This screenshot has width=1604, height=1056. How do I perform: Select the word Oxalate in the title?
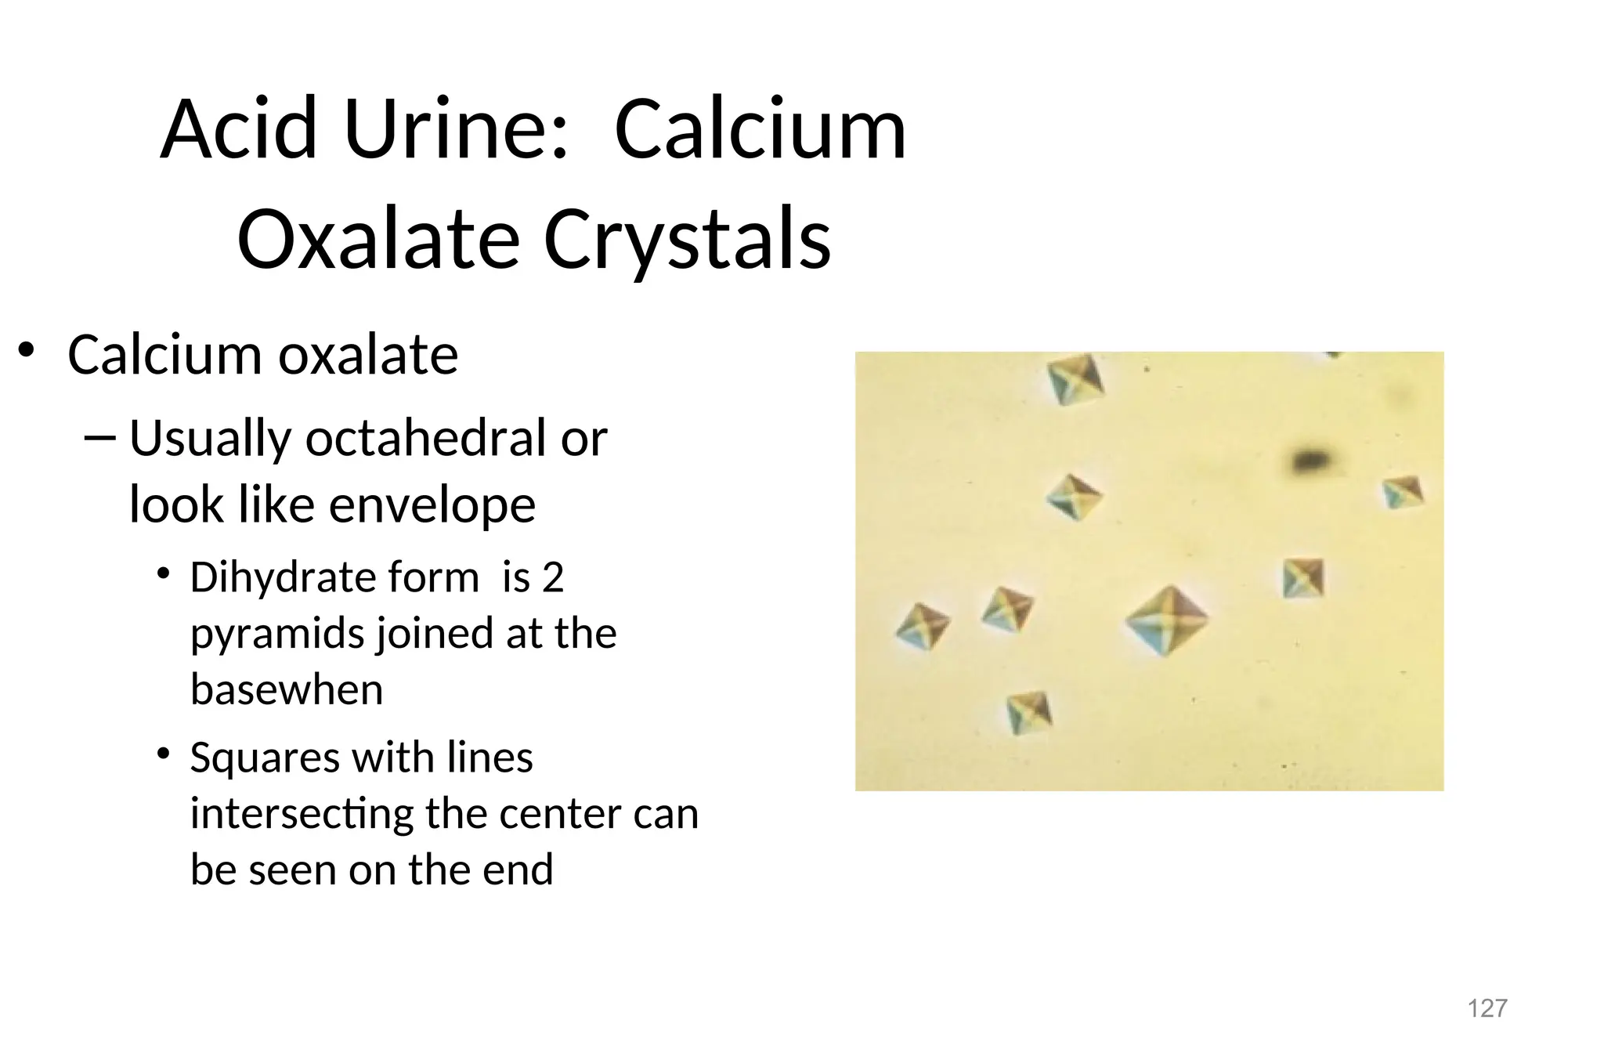378,239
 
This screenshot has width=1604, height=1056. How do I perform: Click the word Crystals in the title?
686,239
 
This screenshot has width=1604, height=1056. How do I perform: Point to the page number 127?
1487,1008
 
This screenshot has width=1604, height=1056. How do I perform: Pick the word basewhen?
287,689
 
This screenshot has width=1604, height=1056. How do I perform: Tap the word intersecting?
302,813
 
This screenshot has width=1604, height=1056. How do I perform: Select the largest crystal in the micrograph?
1167,621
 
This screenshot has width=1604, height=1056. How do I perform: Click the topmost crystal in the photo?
1076,378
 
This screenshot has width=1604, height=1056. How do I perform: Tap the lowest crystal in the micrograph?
1029,711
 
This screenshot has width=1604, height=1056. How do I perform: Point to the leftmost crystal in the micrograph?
923,626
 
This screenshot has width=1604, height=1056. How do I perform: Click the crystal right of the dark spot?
1402,492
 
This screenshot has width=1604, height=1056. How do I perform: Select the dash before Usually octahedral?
98,438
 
